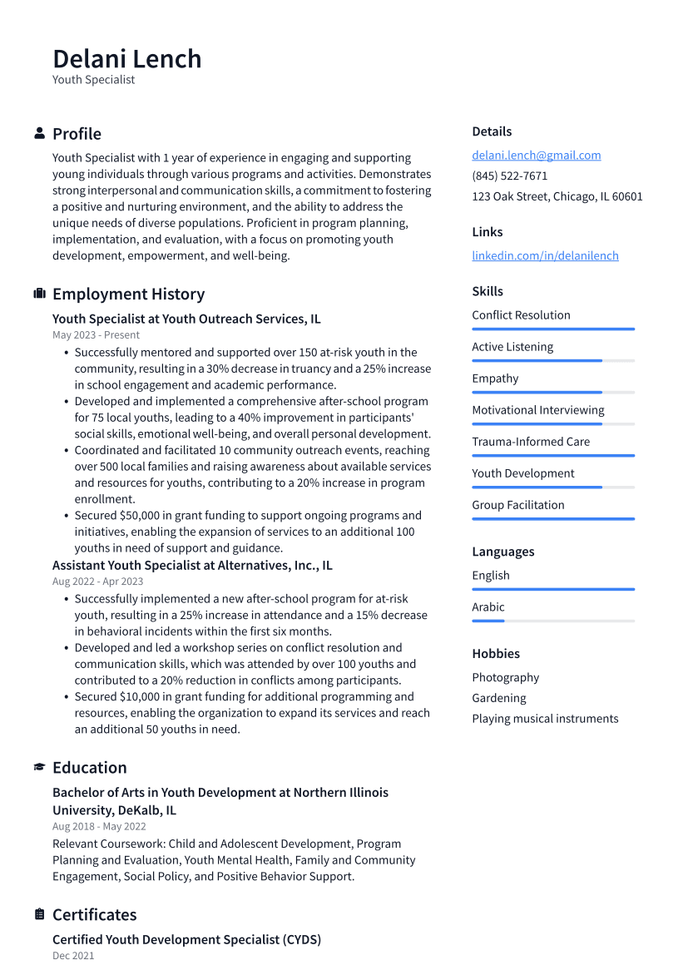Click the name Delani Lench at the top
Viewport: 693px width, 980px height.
[x=126, y=59]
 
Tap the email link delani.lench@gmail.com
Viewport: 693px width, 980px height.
[x=536, y=156]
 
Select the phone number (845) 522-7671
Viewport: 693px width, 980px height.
[x=509, y=176]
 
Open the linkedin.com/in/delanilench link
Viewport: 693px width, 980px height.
[x=545, y=256]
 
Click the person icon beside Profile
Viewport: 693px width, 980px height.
[x=39, y=134]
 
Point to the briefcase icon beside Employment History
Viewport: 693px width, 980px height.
[x=39, y=294]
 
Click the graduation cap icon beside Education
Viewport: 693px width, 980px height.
[x=39, y=767]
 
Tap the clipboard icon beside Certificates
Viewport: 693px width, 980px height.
[x=39, y=914]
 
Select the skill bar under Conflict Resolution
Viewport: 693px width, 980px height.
[x=552, y=329]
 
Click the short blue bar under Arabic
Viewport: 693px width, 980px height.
[x=488, y=621]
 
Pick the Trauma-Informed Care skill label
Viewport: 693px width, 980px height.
[x=530, y=442]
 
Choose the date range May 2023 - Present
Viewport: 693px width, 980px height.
[x=96, y=335]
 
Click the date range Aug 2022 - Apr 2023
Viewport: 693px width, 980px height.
[x=97, y=582]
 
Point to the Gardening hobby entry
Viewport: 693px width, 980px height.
[x=498, y=698]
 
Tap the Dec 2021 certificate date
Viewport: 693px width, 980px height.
[x=73, y=956]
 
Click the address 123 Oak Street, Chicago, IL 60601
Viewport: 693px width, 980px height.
[x=557, y=197]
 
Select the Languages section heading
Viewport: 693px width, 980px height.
[x=502, y=552]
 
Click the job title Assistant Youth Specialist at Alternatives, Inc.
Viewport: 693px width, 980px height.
[x=192, y=566]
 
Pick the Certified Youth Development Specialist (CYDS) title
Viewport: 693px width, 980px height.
[x=186, y=939]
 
